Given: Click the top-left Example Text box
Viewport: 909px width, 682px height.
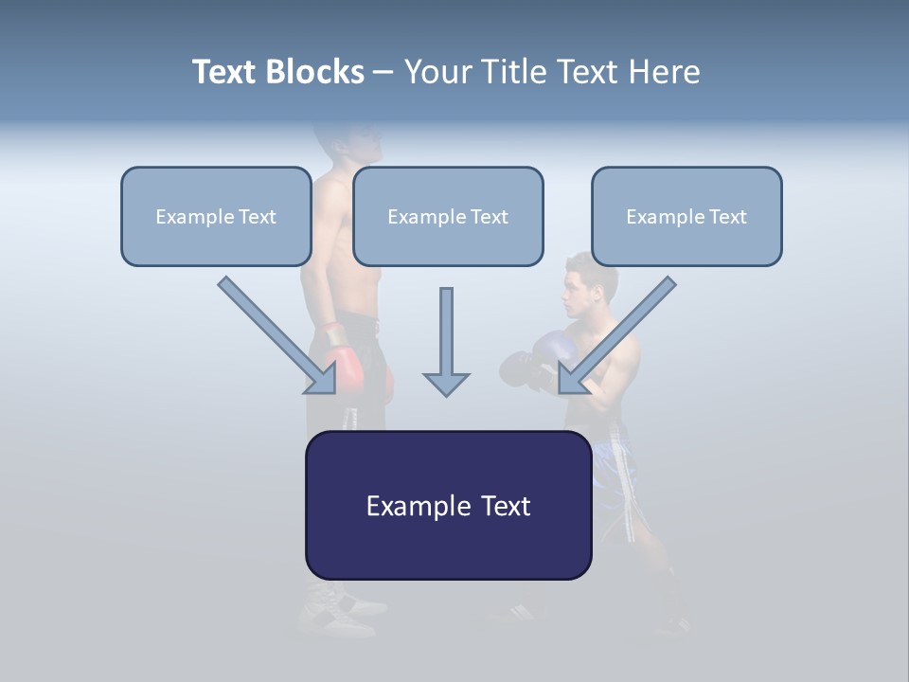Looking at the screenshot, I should click(x=216, y=217).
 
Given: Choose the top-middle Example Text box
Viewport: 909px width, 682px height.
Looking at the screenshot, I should click(x=448, y=217).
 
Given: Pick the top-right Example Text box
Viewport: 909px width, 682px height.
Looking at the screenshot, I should click(x=686, y=217).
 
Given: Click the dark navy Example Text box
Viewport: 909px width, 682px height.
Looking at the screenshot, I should click(x=448, y=506).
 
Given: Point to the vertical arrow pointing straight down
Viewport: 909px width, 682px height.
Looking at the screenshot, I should click(x=446, y=341).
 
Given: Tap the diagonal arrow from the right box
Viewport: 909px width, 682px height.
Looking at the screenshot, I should click(x=617, y=336).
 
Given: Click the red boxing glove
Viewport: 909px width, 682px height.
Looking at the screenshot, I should click(x=347, y=369).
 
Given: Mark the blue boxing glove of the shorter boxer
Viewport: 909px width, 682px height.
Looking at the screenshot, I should click(x=554, y=350).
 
